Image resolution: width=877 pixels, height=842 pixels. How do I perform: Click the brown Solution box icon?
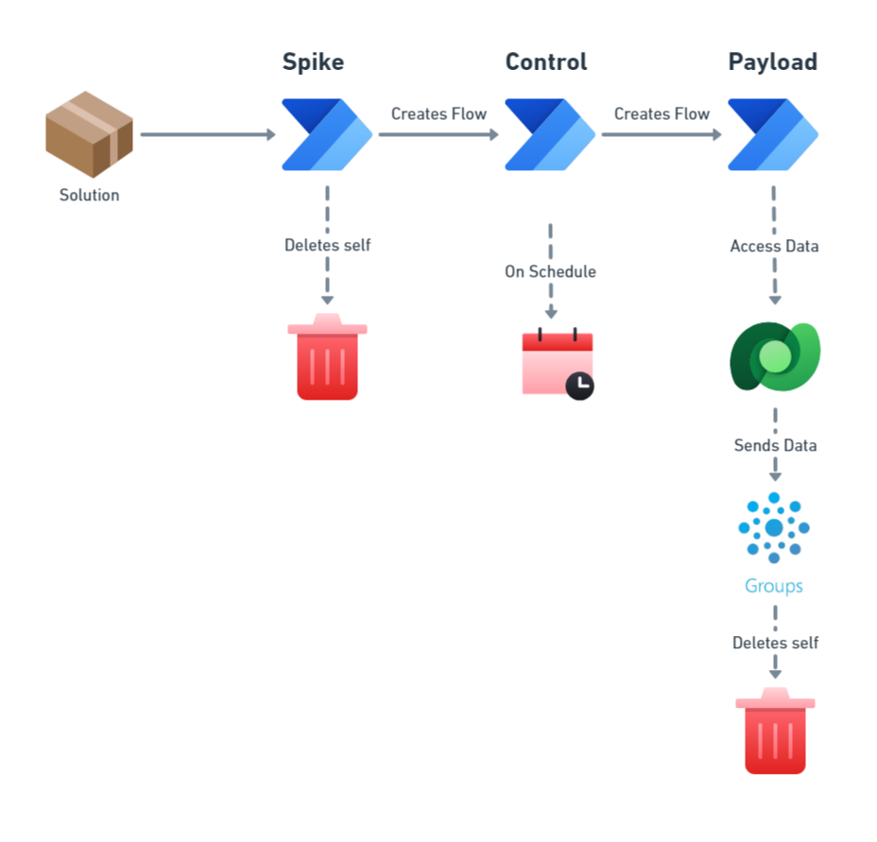click(89, 134)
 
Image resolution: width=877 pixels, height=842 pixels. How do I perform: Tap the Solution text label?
click(89, 196)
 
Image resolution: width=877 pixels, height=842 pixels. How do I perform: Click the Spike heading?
click(313, 62)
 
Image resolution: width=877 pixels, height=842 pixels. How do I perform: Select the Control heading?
click(545, 62)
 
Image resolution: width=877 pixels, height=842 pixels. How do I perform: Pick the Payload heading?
click(772, 62)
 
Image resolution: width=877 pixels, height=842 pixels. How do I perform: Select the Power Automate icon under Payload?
click(773, 134)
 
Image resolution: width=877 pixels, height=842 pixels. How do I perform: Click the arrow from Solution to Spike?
click(207, 135)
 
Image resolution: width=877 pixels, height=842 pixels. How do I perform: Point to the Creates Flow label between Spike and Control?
click(438, 114)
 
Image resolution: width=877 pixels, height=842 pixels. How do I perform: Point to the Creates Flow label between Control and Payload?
click(662, 114)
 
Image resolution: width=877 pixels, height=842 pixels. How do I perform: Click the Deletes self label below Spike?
click(327, 246)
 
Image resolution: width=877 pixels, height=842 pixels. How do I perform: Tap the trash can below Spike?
click(327, 358)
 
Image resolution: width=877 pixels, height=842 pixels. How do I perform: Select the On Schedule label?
click(550, 272)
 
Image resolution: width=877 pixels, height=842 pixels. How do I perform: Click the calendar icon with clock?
click(558, 365)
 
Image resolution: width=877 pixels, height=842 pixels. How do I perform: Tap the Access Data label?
click(774, 247)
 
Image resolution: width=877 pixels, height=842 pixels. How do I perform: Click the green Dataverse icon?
click(775, 356)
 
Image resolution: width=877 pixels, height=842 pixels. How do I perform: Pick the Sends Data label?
click(775, 445)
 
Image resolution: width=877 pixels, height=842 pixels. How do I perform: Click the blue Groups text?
click(773, 586)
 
